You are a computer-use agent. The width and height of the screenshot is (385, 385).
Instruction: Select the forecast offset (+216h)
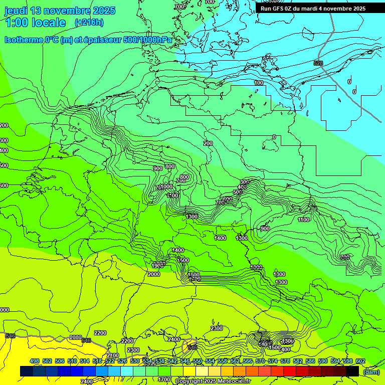coord(89,22)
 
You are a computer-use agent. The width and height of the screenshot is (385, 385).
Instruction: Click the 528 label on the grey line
coord(318,63)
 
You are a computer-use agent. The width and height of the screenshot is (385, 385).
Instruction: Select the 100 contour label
coord(259,83)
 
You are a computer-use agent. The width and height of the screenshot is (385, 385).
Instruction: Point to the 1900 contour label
coord(157,265)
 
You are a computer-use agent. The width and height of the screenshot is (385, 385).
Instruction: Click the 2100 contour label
coord(113,355)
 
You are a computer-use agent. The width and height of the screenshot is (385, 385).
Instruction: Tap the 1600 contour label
coord(194,275)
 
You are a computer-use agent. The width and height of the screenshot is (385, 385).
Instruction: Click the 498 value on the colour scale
coord(35,361)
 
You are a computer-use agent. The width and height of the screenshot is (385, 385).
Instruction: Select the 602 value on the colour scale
coord(360,361)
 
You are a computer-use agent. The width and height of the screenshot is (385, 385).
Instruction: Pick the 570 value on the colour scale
coord(260,361)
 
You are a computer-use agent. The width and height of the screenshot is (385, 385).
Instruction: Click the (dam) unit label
coord(371,371)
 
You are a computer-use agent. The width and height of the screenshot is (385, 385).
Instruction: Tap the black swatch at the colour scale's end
coord(352,371)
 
